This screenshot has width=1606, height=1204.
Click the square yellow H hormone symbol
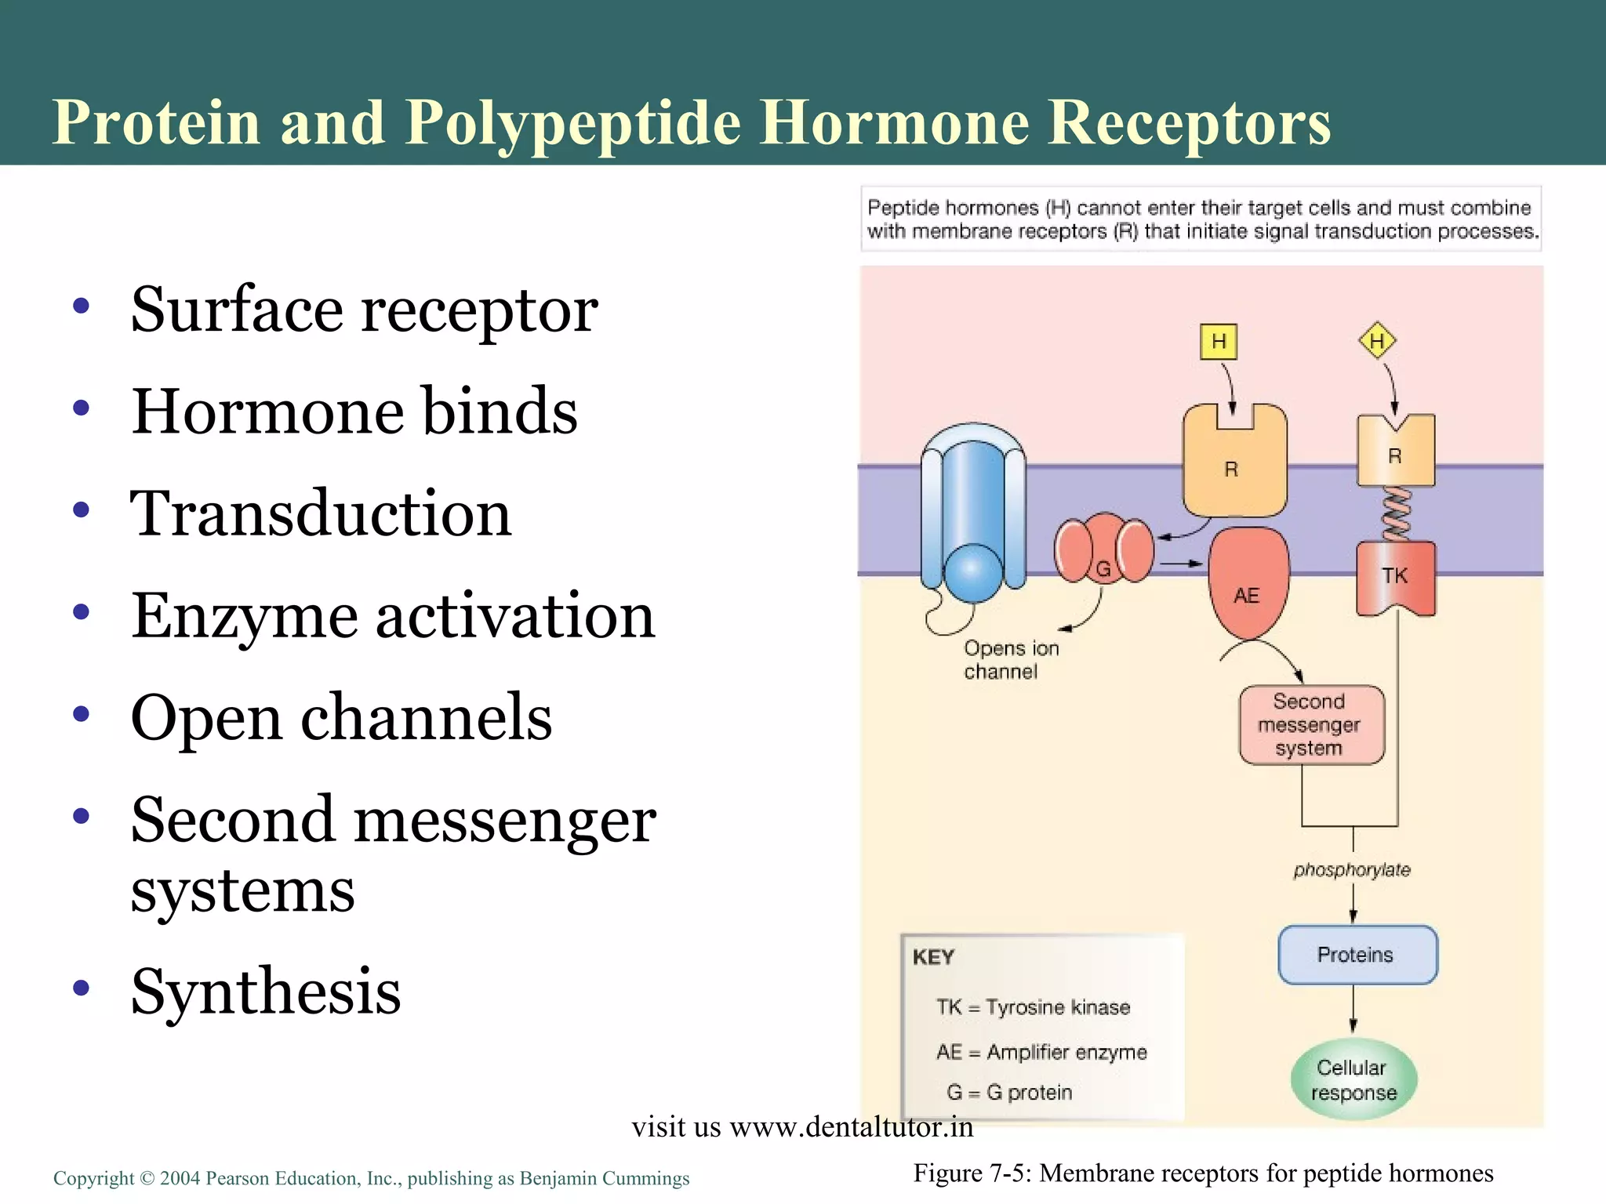(x=1218, y=342)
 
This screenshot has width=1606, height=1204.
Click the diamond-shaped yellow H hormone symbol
(x=1376, y=341)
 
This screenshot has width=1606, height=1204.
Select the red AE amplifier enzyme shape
(x=1248, y=584)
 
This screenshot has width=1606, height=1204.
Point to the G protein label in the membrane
(x=1103, y=568)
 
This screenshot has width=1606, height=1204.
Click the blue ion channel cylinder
(x=972, y=517)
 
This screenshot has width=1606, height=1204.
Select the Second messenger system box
(x=1310, y=725)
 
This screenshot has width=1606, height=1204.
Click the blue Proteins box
(x=1357, y=955)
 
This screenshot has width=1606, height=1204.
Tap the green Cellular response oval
(x=1353, y=1080)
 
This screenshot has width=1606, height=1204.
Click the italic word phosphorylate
(x=1351, y=870)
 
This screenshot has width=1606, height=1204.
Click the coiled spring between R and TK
(x=1396, y=514)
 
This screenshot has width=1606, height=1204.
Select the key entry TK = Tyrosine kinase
(x=1033, y=1007)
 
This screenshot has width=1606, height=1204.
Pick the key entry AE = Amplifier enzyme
(x=1041, y=1052)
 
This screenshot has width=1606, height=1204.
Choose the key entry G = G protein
(x=1009, y=1092)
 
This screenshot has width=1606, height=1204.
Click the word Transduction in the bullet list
(x=321, y=513)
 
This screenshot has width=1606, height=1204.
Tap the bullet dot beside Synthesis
(x=81, y=988)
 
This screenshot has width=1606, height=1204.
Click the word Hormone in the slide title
(x=894, y=123)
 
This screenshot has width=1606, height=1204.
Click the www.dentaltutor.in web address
(x=851, y=1127)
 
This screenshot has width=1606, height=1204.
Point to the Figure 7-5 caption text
(x=1203, y=1173)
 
